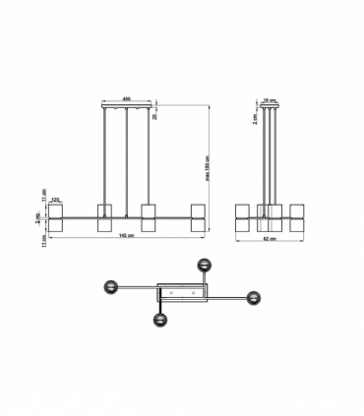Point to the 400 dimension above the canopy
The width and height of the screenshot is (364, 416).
(x=127, y=99)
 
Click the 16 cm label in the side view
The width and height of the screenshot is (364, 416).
(x=268, y=99)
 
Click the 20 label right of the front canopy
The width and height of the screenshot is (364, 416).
(x=154, y=114)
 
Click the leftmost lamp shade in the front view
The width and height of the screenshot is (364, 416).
(x=56, y=217)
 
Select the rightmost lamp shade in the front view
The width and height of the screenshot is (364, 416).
(x=198, y=217)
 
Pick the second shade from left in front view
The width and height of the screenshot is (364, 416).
(x=103, y=217)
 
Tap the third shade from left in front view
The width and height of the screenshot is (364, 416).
(x=151, y=217)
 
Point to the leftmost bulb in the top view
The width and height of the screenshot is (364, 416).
(x=111, y=287)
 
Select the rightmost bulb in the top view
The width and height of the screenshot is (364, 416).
(x=253, y=298)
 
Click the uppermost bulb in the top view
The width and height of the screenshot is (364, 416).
(x=205, y=265)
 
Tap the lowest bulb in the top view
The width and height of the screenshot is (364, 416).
(x=156, y=319)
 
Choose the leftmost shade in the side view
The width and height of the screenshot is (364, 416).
(x=242, y=217)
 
